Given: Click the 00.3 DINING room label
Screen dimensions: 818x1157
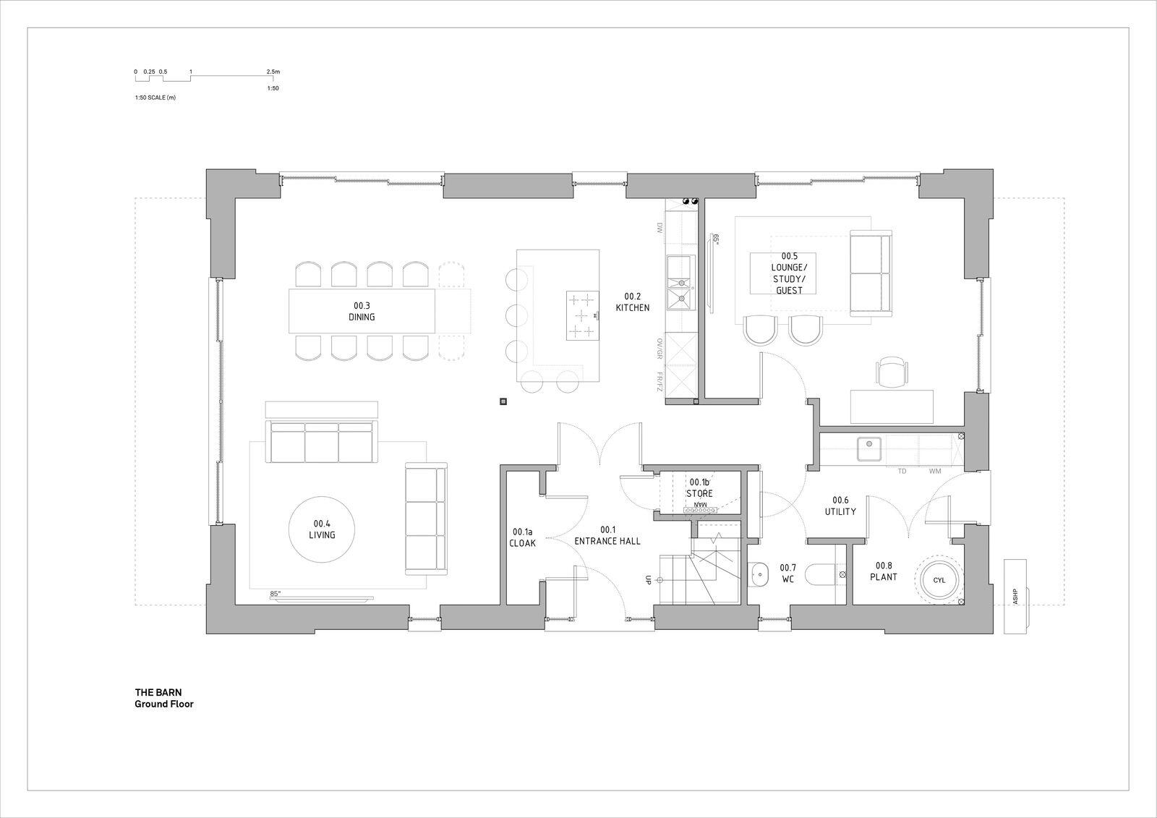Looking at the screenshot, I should coord(364,311).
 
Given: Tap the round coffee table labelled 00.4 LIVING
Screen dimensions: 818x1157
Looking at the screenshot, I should coord(322,529).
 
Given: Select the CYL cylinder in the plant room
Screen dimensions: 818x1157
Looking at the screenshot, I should coord(939,580).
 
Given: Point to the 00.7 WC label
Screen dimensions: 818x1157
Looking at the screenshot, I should coord(787,574).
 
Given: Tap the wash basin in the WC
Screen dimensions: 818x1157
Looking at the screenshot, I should coord(760,576).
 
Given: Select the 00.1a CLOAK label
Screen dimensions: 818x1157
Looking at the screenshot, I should coord(522,537).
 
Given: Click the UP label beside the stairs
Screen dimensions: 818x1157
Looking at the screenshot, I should coord(649,580).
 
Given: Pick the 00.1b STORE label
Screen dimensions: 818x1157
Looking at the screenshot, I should coord(699,487).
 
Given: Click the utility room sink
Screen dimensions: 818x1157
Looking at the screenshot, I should coord(868,450).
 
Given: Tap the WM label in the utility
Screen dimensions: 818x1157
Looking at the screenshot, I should coord(935,472).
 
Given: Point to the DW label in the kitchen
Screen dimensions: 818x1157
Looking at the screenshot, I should coord(659,228).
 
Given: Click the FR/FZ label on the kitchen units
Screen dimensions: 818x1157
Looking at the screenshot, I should coord(659,383).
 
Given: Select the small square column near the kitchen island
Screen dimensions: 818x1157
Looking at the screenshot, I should coord(503,401).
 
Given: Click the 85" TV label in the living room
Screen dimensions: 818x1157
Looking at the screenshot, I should coord(275,594).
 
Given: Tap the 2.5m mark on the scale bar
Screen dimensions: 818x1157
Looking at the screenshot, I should coord(273,72).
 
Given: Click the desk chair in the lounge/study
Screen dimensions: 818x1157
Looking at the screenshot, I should coord(892,372).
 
